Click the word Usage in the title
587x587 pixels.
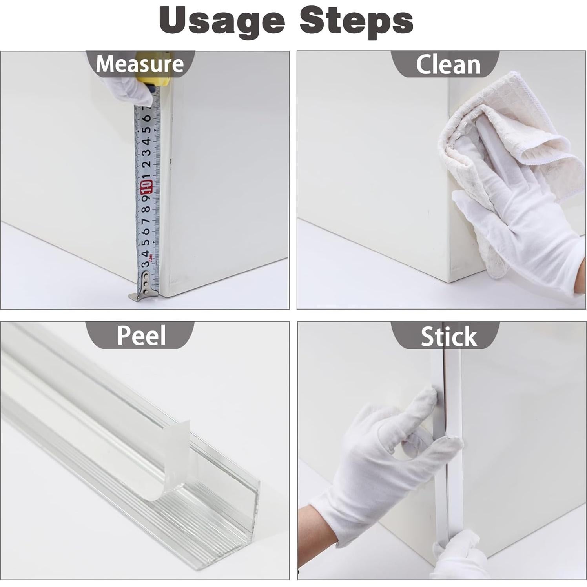222,20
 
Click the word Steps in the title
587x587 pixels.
356,20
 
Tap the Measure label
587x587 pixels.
140,64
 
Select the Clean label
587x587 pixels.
448,64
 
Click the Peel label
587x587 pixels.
141,335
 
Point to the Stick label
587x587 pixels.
448,337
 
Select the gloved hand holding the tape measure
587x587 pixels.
129,90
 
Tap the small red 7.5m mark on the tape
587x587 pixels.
155,259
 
